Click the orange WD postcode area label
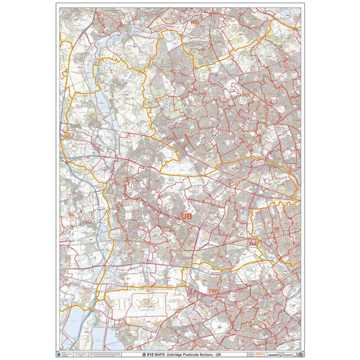194,23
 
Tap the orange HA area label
246,96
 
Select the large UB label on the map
186,218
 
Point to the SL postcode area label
71,213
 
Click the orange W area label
276,229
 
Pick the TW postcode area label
213,291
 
